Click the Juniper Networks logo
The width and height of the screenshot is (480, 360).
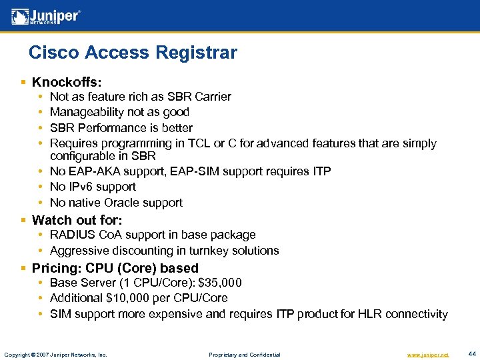(x=46, y=16)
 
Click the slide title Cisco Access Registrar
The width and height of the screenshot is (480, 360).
(x=133, y=52)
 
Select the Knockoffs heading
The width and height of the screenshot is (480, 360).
(x=67, y=83)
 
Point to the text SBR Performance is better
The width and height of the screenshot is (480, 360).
(x=121, y=127)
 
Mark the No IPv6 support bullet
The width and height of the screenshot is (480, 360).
(x=93, y=187)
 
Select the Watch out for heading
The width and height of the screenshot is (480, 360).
(x=77, y=220)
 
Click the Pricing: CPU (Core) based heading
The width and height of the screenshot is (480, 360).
(x=115, y=268)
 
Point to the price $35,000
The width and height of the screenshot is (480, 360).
(x=219, y=283)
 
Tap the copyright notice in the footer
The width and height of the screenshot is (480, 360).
(x=55, y=354)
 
